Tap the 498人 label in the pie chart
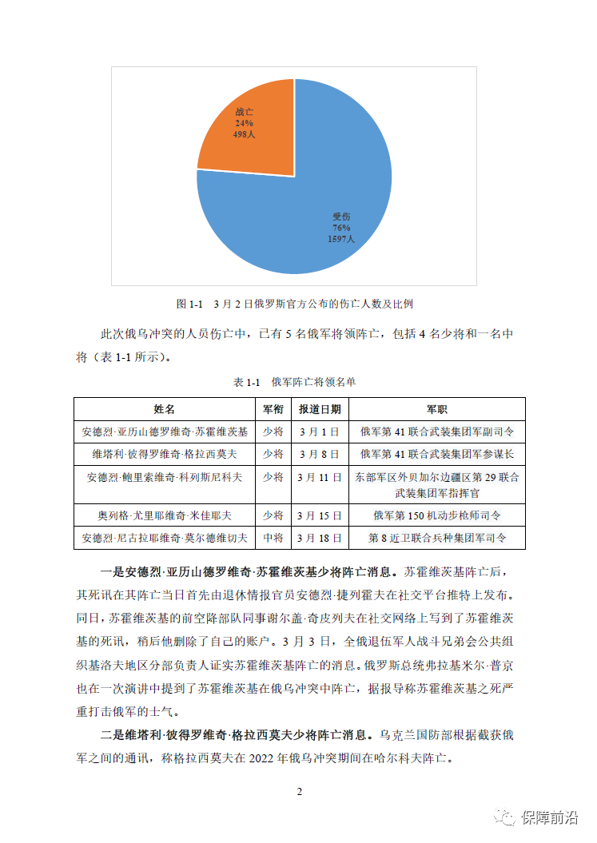[x=245, y=135]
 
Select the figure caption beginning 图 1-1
[x=295, y=304]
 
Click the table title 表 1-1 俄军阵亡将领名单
[x=295, y=383]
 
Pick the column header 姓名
[x=165, y=409]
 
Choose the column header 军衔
[x=273, y=409]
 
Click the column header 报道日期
[x=320, y=409]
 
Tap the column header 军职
[x=436, y=409]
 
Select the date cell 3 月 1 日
[x=320, y=431]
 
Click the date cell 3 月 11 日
[x=320, y=477]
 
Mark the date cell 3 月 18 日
[x=320, y=538]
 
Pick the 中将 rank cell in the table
[x=273, y=538]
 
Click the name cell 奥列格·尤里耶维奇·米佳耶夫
[x=165, y=515]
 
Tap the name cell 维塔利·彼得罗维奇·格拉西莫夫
[x=165, y=454]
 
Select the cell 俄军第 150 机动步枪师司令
[x=436, y=515]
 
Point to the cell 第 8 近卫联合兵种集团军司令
[x=436, y=538]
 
